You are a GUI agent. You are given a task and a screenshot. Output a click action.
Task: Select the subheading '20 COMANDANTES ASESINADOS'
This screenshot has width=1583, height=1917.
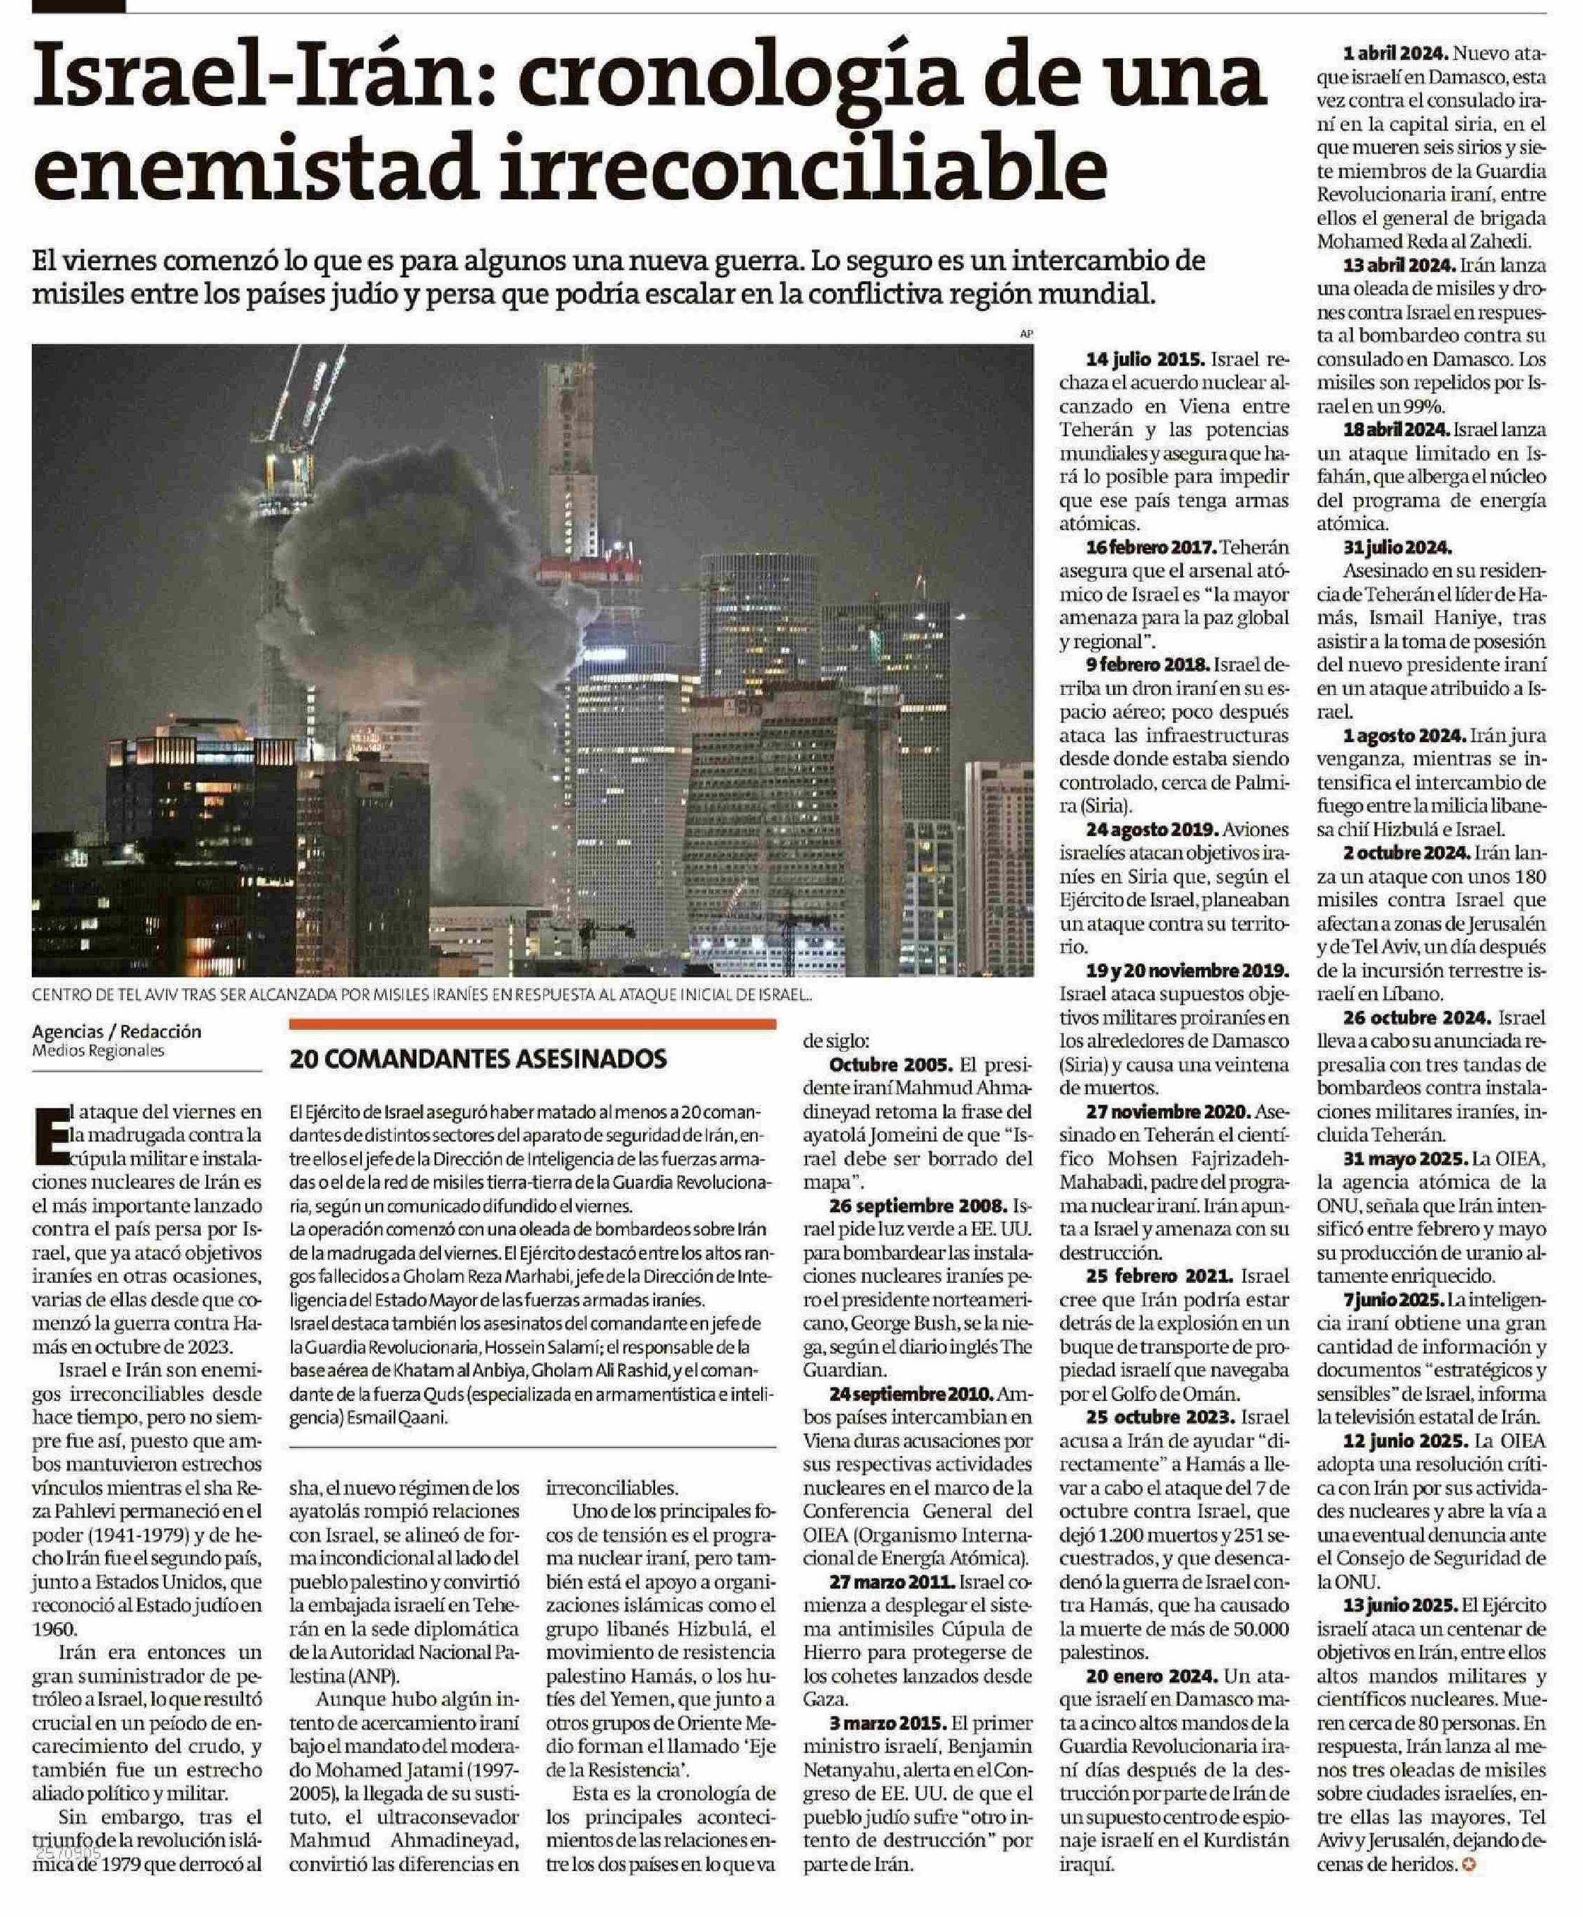478,1059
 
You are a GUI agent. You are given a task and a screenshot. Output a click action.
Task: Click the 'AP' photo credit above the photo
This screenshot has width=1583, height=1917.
1027,334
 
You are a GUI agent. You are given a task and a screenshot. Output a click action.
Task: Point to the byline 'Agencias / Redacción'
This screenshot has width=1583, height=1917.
117,1031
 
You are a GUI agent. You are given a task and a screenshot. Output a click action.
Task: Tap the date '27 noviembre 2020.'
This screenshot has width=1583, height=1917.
1169,1112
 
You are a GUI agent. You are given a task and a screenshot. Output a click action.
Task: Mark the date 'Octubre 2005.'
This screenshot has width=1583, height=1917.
890,1065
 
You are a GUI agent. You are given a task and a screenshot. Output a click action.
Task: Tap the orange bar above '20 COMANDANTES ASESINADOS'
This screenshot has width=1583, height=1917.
533,1024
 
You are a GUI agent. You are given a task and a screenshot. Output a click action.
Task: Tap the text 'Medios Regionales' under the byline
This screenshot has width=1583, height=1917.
98,1050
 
